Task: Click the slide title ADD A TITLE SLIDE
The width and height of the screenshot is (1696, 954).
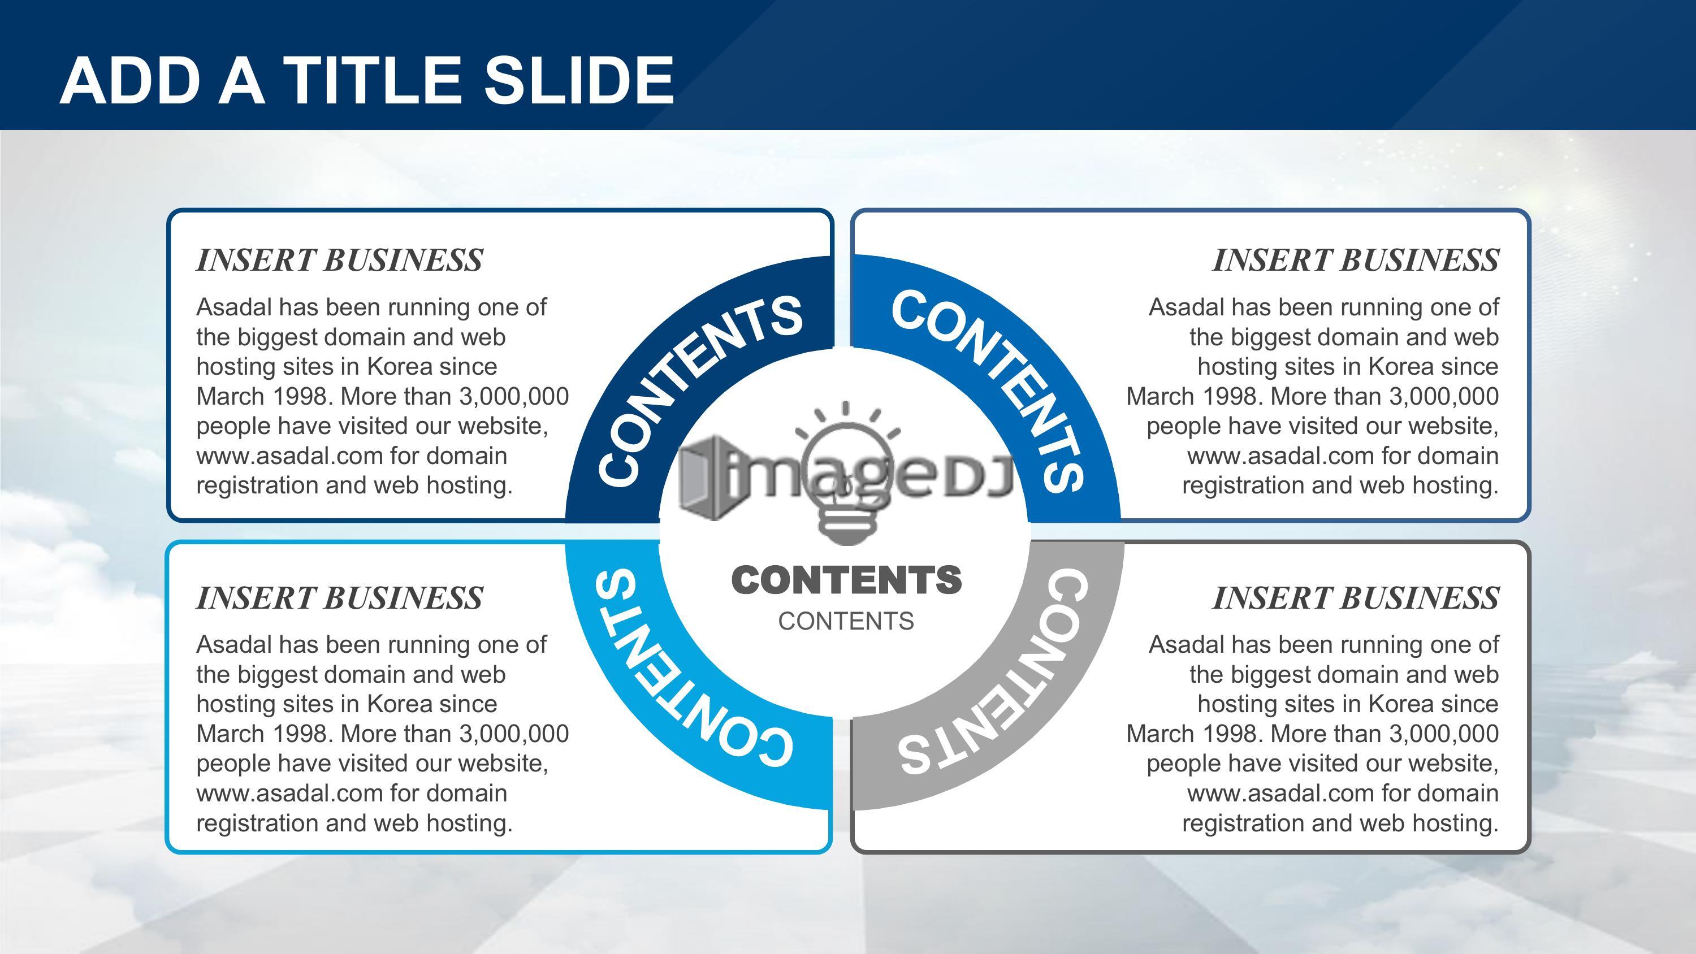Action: click(x=367, y=80)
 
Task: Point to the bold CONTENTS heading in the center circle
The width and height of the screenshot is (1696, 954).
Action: click(x=847, y=580)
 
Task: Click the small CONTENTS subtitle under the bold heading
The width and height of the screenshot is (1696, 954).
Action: click(x=846, y=621)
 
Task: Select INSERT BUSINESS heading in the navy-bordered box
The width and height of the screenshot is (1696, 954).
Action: click(x=340, y=260)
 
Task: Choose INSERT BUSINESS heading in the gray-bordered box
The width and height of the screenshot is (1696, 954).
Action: click(x=1356, y=598)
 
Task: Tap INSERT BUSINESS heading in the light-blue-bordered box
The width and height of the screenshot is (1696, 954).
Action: click(x=340, y=598)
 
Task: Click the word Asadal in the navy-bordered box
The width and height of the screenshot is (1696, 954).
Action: click(x=233, y=307)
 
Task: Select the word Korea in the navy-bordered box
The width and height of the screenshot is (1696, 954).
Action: click(x=399, y=366)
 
